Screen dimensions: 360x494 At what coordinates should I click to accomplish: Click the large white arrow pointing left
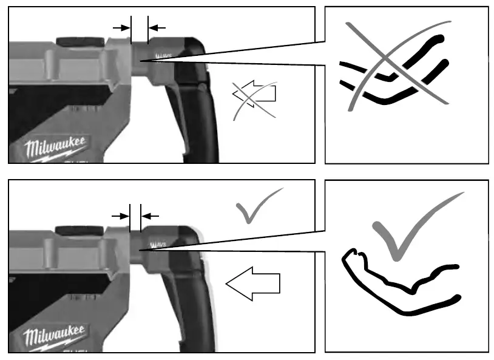(253, 283)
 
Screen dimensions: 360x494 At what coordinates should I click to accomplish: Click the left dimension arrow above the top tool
(122, 27)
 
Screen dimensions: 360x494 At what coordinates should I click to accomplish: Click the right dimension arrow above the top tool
(157, 27)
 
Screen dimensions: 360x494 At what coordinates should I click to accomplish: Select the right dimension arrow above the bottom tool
(150, 215)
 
